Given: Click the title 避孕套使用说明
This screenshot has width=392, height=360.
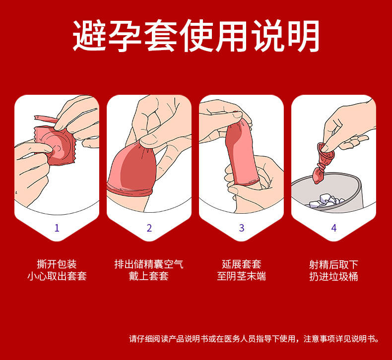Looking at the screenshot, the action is coord(196,36).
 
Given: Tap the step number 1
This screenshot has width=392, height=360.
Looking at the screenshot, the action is coord(57,228).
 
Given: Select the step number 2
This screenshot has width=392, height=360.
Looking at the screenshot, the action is coord(149,228).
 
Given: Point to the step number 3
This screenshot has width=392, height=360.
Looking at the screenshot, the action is coord(242,228).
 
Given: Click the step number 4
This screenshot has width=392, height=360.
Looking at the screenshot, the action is coord(334,228).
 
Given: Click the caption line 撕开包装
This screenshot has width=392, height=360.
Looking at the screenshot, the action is coord(57,264).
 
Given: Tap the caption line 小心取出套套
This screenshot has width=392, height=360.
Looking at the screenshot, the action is coord(57,276).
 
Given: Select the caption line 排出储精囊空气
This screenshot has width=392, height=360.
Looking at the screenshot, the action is coord(149,264).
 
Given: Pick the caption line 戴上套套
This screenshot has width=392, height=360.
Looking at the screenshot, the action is coord(149,276).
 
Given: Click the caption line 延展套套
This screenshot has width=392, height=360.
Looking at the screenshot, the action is coord(242,264).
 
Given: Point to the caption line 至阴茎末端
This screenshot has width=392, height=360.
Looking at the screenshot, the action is coord(242,276).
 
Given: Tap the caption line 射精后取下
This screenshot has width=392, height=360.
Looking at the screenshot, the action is coord(334,264).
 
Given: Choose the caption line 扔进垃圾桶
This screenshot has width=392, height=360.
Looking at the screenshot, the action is coord(334,276).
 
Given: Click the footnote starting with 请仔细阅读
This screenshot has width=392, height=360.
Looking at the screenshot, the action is coord(254,339).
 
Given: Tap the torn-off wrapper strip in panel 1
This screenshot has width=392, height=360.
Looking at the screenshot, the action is coord(46,119).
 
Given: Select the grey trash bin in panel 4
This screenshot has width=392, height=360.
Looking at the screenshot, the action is coord(327,192).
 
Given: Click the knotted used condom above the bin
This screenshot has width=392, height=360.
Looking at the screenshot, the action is coord(323,162).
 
